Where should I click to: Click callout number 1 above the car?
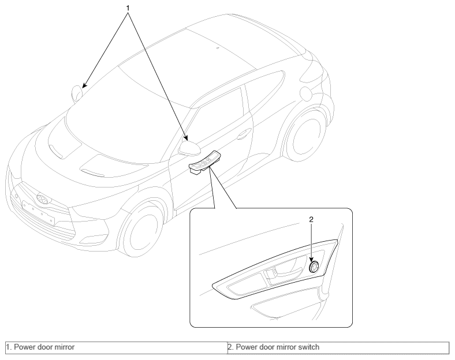128,8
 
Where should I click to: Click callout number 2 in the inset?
311,220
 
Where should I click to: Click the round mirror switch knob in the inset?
314,267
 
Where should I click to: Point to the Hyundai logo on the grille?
42,199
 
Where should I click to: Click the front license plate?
38,212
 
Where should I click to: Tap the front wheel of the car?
141,228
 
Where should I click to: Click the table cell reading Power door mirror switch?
338,348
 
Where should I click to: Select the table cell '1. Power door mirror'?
117,348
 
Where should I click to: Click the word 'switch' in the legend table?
309,347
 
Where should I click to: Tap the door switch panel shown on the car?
204,163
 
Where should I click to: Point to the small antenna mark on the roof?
218,48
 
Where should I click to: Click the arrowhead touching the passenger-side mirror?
84,85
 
